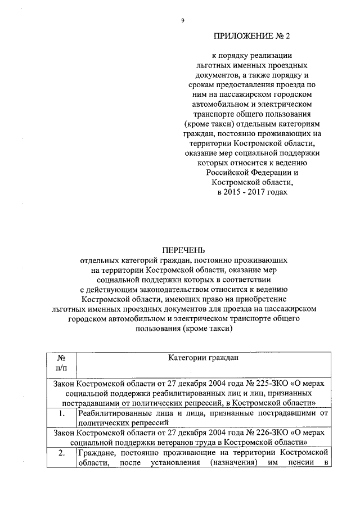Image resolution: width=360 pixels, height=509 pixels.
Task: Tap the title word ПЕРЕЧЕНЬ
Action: coord(183,250)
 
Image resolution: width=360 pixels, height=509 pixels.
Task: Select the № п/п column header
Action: coord(61,363)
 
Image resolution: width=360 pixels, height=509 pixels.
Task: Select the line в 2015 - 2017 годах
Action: coord(251,192)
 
